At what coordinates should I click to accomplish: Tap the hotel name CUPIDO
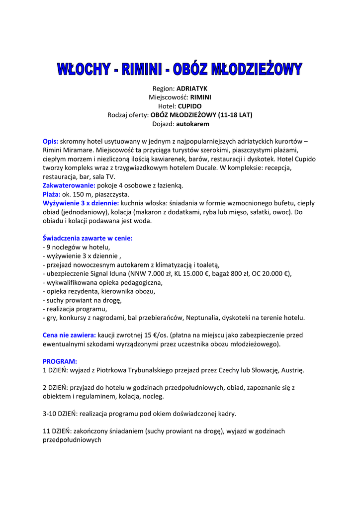(190, 106)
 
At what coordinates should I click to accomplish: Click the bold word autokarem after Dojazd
(192, 124)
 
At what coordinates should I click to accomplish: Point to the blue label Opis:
(51, 141)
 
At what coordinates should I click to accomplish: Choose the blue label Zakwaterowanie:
(69, 185)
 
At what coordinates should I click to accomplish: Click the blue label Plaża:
(52, 194)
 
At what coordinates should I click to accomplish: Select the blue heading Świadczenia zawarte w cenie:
(88, 238)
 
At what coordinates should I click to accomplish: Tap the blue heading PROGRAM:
(60, 361)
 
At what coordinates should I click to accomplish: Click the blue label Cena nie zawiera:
(69, 335)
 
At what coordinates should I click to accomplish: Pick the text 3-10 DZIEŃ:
(60, 414)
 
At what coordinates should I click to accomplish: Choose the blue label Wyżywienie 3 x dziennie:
(81, 203)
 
